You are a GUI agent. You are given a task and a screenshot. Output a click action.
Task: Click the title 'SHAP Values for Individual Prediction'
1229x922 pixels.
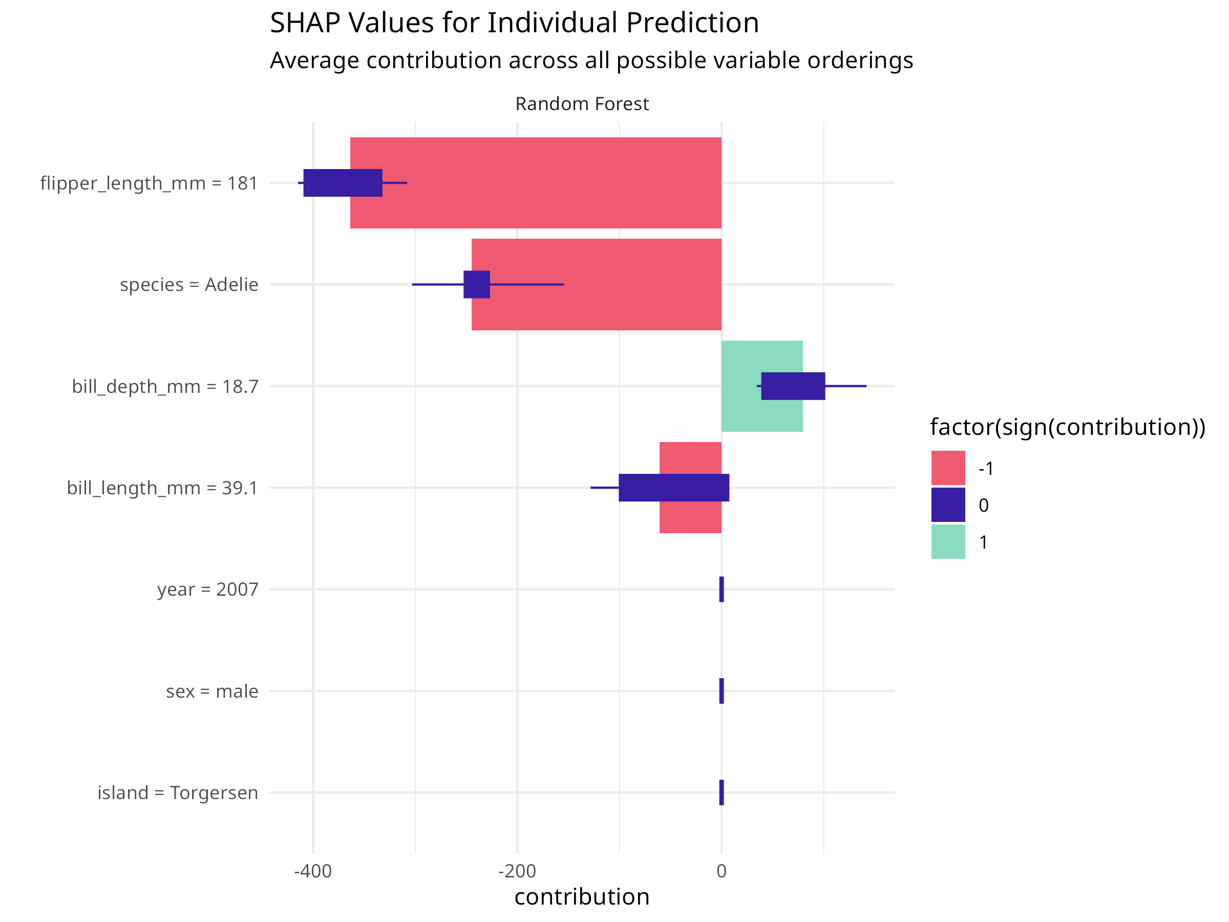(x=514, y=24)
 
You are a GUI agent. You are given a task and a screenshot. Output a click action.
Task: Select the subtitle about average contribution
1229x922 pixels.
(x=591, y=60)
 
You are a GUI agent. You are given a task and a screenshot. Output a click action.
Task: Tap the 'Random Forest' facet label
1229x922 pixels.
(x=582, y=104)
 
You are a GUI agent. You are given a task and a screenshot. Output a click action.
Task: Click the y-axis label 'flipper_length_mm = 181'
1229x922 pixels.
(x=149, y=183)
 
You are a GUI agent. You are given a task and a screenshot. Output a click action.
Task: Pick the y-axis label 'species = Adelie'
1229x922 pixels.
(x=189, y=285)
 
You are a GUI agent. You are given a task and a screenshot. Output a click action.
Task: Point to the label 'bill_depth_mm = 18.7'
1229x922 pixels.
(x=165, y=386)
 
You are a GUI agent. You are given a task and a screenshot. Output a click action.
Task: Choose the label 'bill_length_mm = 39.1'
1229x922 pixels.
(x=162, y=488)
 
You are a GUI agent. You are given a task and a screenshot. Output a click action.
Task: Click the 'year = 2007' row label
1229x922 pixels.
(x=207, y=589)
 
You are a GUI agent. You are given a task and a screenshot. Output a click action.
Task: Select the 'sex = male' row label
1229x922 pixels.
(x=211, y=691)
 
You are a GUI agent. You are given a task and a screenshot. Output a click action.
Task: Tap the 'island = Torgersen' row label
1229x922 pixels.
(x=178, y=792)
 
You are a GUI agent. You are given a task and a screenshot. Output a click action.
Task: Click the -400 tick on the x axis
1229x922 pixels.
(x=313, y=871)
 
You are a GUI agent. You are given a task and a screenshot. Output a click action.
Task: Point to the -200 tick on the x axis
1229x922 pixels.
(x=517, y=871)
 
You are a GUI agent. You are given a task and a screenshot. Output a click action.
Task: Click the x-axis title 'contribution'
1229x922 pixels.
(x=582, y=897)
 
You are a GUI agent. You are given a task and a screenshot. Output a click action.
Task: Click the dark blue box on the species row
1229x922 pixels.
(x=477, y=285)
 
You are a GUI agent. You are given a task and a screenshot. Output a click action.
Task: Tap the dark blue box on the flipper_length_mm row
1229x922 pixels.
(x=343, y=183)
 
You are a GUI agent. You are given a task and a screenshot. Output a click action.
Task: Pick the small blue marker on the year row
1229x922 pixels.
(x=721, y=589)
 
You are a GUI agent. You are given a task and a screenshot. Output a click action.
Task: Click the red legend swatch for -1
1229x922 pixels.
(x=948, y=468)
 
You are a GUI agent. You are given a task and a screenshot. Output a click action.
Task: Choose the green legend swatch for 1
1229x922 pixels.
(x=948, y=542)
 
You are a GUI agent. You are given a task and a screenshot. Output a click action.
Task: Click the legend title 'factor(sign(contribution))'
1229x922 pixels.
(x=1067, y=427)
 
